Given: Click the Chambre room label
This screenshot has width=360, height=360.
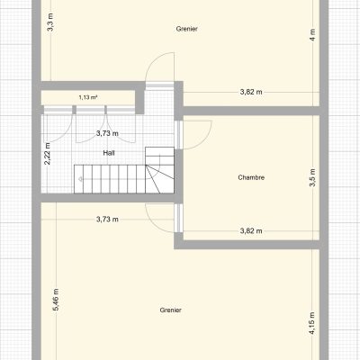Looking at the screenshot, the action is pyautogui.click(x=251, y=177).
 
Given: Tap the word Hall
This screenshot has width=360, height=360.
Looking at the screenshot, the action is pyautogui.click(x=109, y=153).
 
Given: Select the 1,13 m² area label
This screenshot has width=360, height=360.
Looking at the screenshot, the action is pyautogui.click(x=88, y=97).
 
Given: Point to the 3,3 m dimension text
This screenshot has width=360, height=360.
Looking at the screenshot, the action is pyautogui.click(x=50, y=22).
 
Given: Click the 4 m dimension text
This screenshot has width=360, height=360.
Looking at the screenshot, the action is pyautogui.click(x=312, y=35).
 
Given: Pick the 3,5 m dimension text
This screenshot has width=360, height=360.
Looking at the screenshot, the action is pyautogui.click(x=312, y=177).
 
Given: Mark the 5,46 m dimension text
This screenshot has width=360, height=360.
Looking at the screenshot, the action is pyautogui.click(x=56, y=299).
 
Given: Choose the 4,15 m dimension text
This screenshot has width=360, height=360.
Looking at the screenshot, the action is pyautogui.click(x=312, y=323).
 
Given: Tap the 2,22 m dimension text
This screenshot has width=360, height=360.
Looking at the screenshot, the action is pyautogui.click(x=48, y=154).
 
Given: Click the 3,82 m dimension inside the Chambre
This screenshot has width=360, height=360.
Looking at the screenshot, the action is pyautogui.click(x=251, y=231).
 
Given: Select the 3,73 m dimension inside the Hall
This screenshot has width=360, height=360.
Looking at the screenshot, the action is pyautogui.click(x=107, y=133).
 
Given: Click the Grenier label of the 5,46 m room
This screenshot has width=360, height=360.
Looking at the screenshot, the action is pyautogui.click(x=171, y=310).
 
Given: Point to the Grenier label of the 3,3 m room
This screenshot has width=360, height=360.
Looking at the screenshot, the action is pyautogui.click(x=187, y=29).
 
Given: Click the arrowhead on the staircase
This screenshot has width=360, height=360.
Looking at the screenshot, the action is pyautogui.click(x=80, y=179).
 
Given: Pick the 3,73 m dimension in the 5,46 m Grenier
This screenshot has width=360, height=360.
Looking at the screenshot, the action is pyautogui.click(x=107, y=220).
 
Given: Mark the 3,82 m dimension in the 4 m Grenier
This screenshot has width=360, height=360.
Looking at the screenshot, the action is pyautogui.click(x=251, y=92).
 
